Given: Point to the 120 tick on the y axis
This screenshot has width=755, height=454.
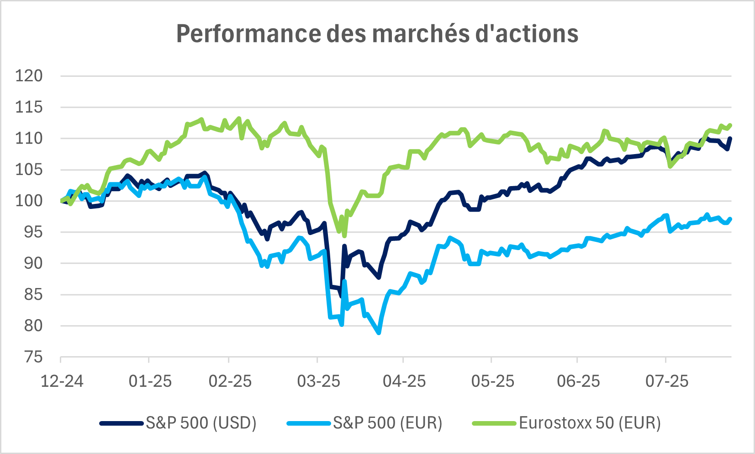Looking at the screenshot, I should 29,76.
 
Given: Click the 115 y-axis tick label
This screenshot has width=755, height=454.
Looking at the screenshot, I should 29,107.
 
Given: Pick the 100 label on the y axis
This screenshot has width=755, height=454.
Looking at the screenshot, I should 29,201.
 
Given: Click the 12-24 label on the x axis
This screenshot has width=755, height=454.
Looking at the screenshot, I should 62,381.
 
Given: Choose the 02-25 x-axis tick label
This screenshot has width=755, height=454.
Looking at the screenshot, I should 230,381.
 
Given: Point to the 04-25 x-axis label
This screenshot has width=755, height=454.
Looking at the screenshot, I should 404,381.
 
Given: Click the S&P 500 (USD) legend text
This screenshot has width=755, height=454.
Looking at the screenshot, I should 201,423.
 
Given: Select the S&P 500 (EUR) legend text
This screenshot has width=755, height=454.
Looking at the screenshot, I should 387,423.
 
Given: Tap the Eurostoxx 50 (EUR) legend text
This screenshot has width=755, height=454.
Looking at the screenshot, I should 590,423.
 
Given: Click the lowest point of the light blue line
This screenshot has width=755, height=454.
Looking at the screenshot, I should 379,333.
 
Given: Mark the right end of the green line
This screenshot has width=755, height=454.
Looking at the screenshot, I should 731,125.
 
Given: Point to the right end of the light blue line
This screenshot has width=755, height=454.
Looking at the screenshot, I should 731,219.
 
